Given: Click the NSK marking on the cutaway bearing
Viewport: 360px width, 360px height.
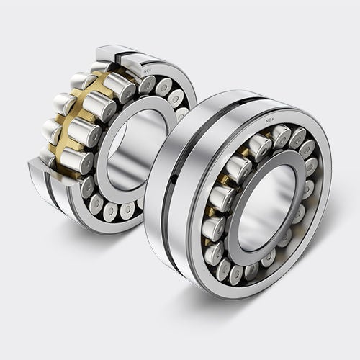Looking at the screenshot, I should (147, 71).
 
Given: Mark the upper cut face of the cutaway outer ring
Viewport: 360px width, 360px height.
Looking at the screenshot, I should (115, 54).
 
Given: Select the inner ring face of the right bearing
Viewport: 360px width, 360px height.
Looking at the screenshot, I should (238, 238).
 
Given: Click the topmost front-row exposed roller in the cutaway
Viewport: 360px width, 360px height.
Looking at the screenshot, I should (120, 86).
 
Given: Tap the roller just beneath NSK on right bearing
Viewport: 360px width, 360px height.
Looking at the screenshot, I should (280, 135).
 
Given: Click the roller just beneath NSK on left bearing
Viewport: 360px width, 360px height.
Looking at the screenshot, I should (148, 85).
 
